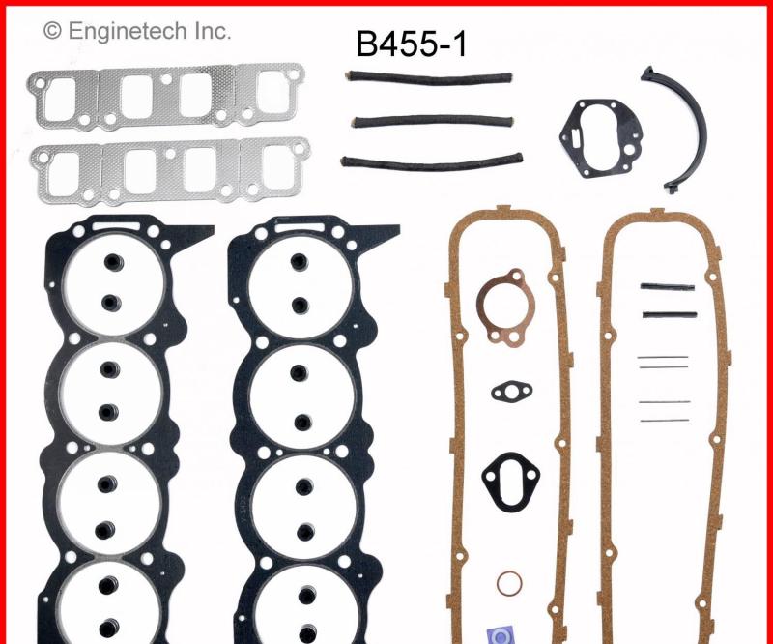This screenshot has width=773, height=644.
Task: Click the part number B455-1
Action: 412,44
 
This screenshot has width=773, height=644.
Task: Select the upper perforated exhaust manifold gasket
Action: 166,96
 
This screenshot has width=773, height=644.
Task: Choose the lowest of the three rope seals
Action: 431,160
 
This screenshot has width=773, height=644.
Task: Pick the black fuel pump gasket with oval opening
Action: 510,474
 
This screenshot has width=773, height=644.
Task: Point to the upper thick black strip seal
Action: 667,287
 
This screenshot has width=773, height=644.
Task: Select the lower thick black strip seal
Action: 667,315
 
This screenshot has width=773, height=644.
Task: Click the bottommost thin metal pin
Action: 663,420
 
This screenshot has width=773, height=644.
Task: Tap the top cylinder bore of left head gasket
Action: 108,280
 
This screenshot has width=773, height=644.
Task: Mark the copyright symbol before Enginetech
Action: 51,32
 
